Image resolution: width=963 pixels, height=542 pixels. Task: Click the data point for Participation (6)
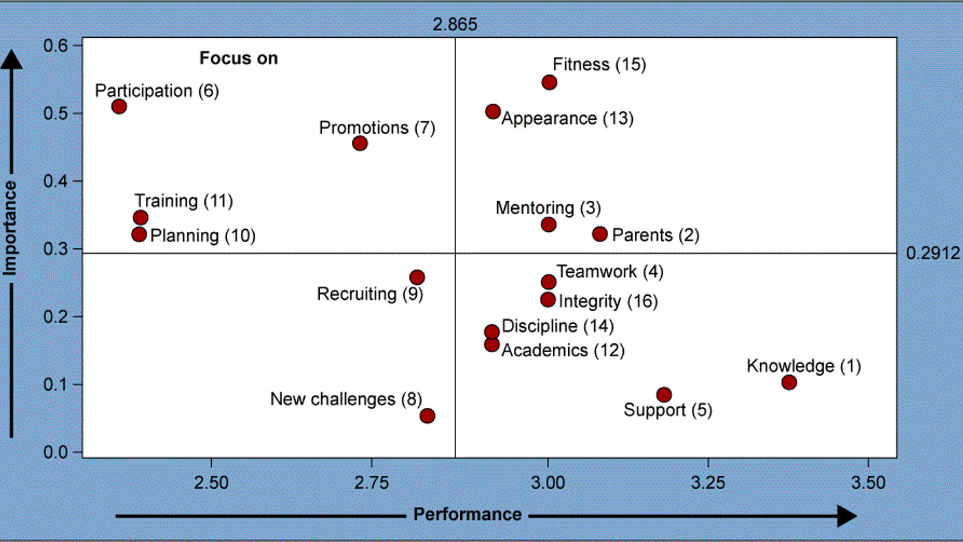tap(119, 107)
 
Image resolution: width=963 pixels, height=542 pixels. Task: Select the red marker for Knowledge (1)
tap(789, 382)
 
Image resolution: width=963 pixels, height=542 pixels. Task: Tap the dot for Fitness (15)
tap(549, 83)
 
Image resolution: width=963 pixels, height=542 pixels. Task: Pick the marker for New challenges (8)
tap(427, 415)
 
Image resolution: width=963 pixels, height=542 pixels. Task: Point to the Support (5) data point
tap(664, 395)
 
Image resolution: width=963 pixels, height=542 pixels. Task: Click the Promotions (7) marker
tap(360, 143)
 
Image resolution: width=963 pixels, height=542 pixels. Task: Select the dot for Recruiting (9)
tap(417, 277)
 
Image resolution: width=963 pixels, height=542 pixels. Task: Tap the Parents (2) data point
tap(600, 234)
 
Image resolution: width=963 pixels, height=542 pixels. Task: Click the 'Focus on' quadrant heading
tap(239, 58)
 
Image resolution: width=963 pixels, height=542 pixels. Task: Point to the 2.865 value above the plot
tap(455, 25)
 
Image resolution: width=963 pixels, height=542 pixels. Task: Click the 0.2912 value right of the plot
tap(932, 254)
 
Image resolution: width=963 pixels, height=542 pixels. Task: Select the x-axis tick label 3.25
tap(708, 483)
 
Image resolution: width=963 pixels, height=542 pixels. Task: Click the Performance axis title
tap(467, 514)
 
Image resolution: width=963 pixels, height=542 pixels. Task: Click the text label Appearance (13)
tap(567, 118)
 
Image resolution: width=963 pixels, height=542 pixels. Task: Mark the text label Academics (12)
tap(563, 351)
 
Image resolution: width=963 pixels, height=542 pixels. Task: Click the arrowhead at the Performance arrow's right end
tap(847, 515)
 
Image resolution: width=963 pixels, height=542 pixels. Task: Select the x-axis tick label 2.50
tap(211, 483)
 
